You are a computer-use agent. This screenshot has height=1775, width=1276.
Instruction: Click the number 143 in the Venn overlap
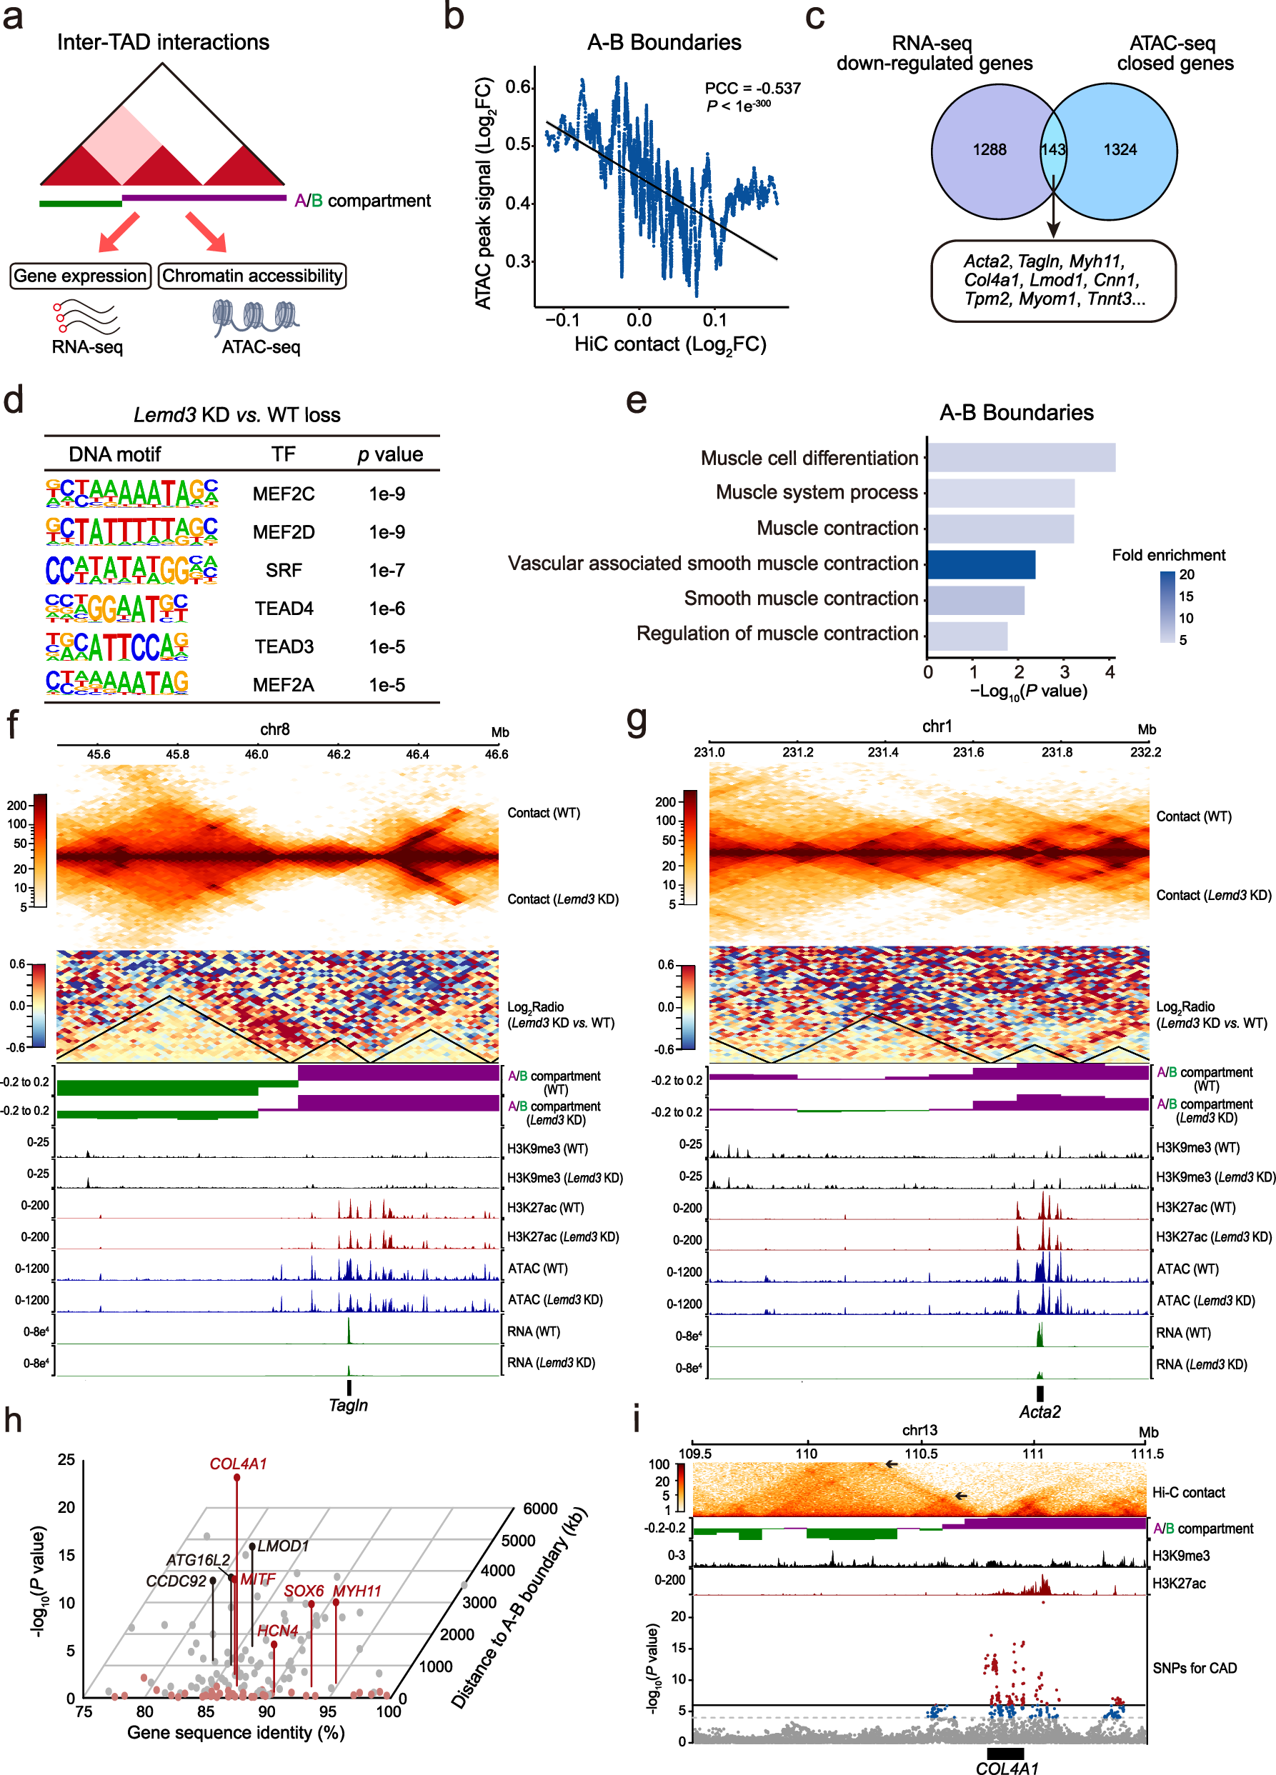(x=1052, y=149)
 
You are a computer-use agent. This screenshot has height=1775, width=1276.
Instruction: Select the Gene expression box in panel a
(x=80, y=276)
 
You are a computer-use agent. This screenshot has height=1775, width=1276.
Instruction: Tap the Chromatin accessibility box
(x=252, y=276)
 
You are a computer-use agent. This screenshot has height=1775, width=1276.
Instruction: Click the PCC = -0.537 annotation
(x=752, y=89)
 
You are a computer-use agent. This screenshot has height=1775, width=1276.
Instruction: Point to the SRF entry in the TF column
(x=284, y=571)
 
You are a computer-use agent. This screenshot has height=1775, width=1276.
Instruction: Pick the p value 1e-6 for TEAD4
(x=387, y=609)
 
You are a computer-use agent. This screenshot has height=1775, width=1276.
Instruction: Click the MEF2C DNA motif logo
(x=131, y=493)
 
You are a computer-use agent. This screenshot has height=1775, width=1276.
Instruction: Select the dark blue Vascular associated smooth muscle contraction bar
(x=981, y=564)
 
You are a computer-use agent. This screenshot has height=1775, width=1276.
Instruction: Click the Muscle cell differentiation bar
(x=1021, y=458)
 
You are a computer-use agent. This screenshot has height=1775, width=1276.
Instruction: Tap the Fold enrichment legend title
(x=1168, y=555)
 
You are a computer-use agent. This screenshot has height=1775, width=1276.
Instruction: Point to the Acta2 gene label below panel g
(x=1039, y=1412)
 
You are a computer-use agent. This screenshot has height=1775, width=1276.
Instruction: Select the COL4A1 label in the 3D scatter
(x=238, y=1464)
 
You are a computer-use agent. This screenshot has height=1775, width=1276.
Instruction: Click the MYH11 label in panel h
(x=357, y=1591)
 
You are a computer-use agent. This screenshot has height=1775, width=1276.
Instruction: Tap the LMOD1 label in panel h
(x=283, y=1546)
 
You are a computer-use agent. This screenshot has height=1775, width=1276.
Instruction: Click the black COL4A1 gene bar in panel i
(x=1005, y=1753)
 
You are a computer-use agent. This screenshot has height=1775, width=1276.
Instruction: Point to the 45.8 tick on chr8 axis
(x=178, y=754)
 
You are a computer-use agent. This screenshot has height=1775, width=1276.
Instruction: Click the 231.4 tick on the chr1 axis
(x=883, y=752)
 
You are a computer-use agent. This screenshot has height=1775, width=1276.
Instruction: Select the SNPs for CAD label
(x=1194, y=1669)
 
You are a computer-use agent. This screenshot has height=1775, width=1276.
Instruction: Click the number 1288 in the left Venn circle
(x=990, y=149)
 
